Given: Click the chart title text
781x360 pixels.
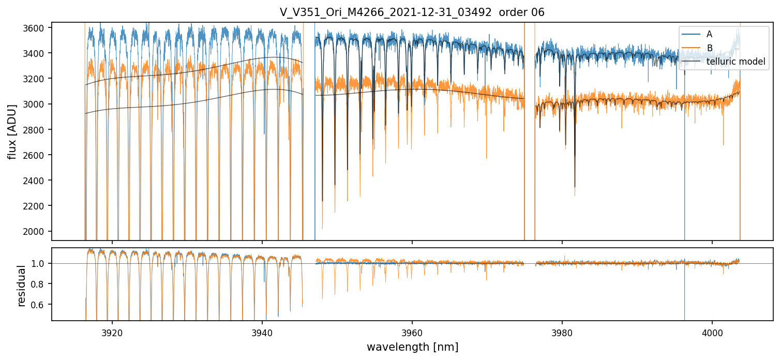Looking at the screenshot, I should (x=412, y=12).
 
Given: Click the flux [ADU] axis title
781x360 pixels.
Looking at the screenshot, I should (x=12, y=131).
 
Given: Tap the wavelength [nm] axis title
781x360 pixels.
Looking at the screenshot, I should (x=412, y=347).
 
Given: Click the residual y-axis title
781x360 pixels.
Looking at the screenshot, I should (x=22, y=286).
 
